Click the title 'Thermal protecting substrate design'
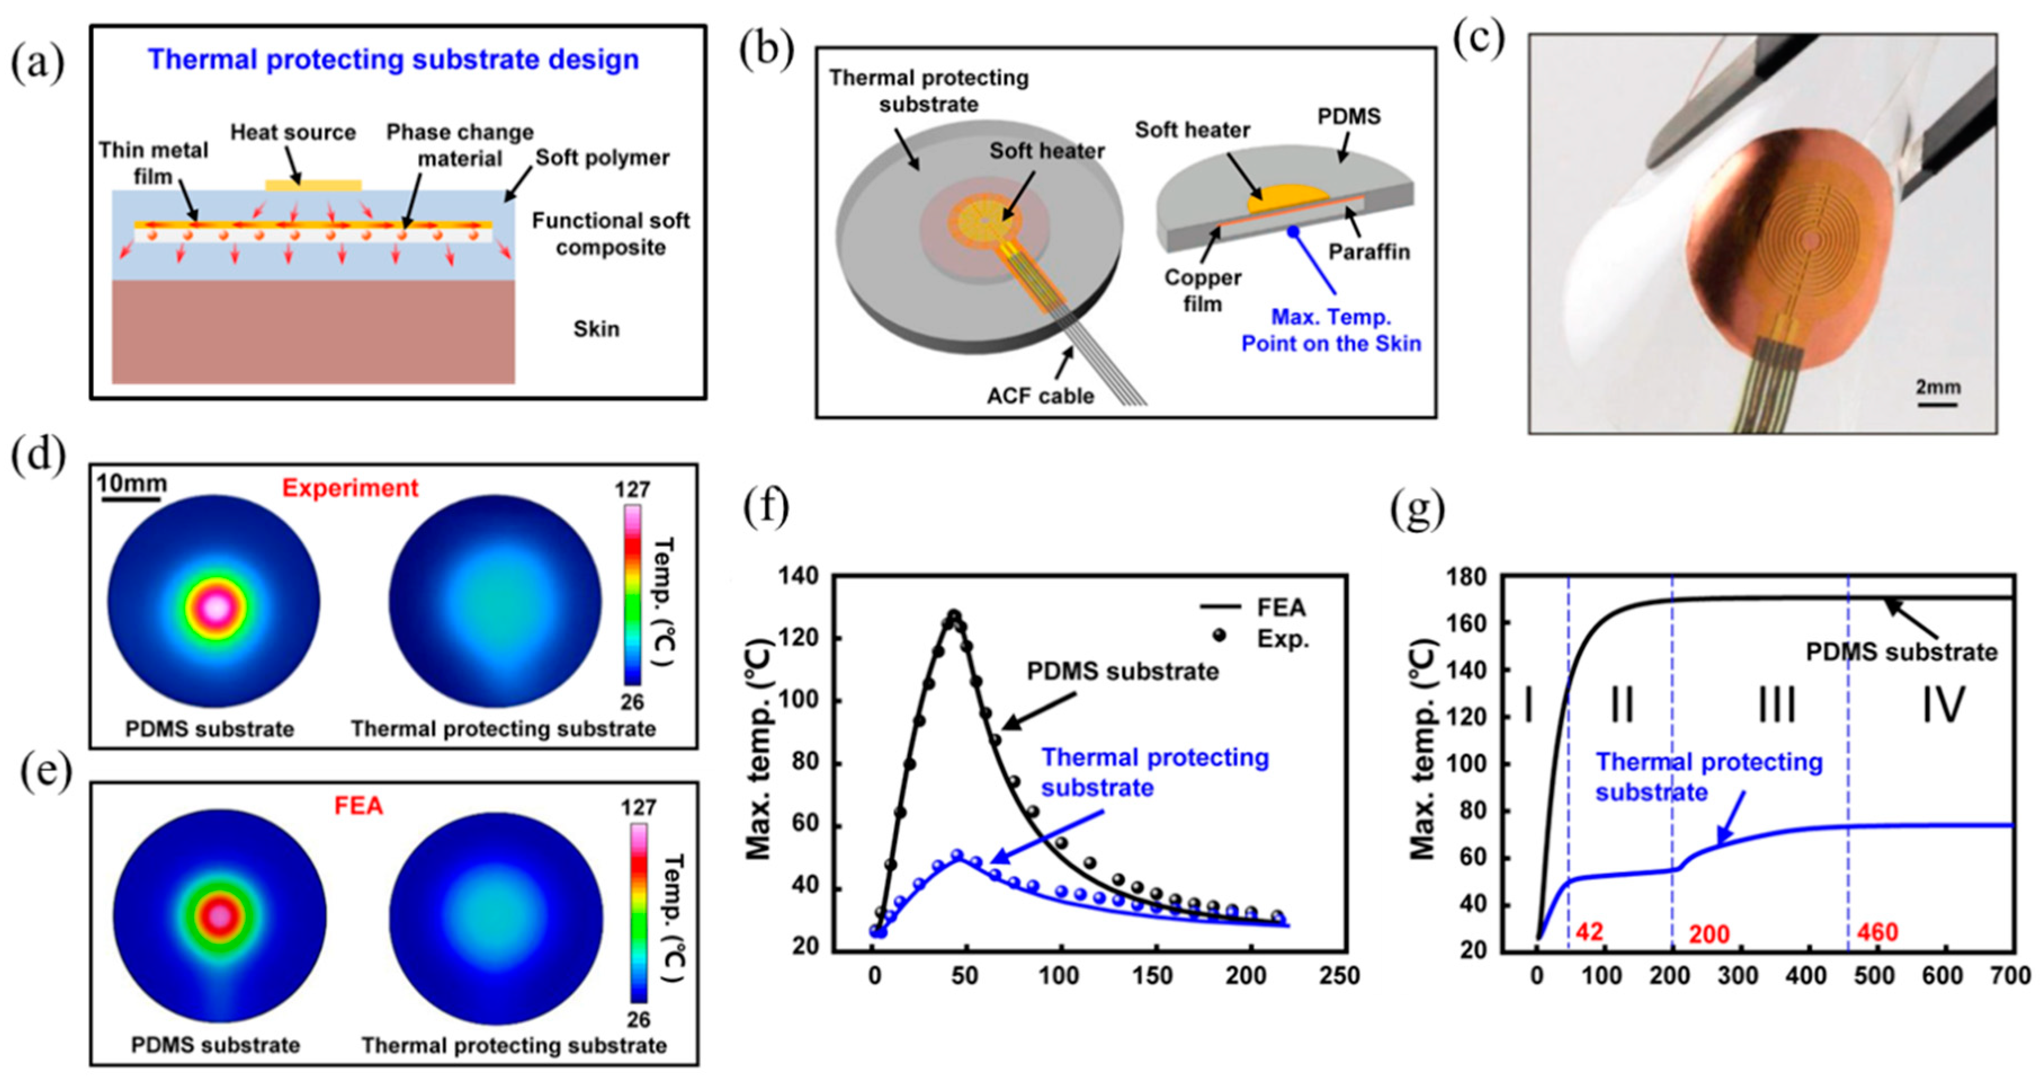coord(393,60)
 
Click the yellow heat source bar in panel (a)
coord(313,186)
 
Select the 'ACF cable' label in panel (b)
coord(1040,395)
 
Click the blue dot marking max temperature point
coord(1293,231)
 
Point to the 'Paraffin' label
coord(1369,252)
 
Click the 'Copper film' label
coord(1202,291)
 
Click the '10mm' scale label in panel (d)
coord(132,483)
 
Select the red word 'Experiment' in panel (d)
coord(350,488)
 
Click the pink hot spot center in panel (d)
coord(216,608)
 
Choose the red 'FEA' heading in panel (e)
coord(359,806)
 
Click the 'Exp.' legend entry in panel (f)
coord(1283,638)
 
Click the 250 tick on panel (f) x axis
coord(1339,976)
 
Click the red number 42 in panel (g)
coord(1589,932)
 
